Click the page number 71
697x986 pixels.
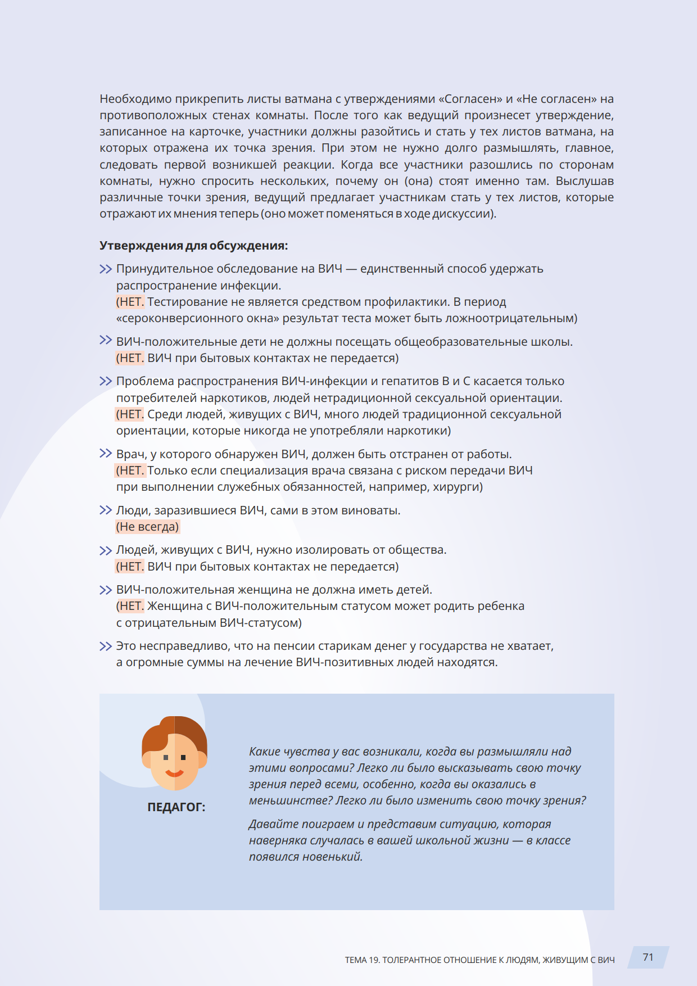[x=648, y=957]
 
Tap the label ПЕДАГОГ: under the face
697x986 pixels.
[x=176, y=807]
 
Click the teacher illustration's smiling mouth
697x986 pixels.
[x=174, y=773]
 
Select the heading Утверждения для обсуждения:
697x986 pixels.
[x=194, y=246]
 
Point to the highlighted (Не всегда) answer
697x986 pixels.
[x=147, y=527]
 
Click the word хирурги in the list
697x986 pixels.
[x=455, y=487]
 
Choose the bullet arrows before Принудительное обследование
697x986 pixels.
[x=105, y=269]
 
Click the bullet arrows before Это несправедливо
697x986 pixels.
[x=105, y=646]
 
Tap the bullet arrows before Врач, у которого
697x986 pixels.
[x=105, y=454]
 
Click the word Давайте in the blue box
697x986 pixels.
[x=273, y=824]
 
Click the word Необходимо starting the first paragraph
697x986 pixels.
[x=135, y=99]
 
